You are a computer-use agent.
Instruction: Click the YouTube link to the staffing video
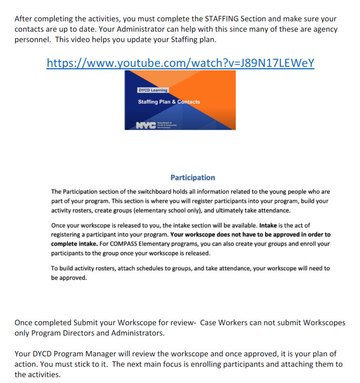point(180,63)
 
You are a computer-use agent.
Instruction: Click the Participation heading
point(193,178)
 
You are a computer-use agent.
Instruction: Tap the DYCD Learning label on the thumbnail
point(152,90)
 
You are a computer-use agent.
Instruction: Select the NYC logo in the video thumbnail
point(146,125)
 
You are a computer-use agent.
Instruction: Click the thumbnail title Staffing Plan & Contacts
point(169,102)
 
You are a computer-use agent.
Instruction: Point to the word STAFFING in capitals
point(222,19)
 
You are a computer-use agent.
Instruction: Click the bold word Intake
point(268,225)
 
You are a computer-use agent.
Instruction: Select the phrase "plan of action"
point(328,354)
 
